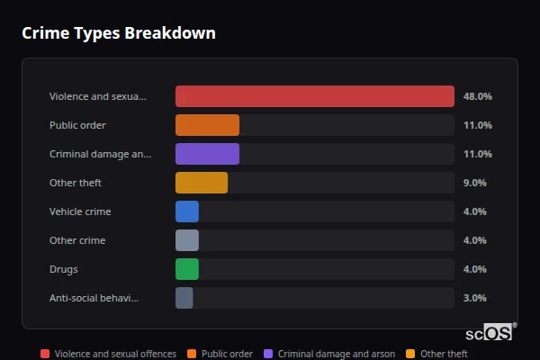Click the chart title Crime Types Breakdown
pos(119,33)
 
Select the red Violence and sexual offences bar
pos(314,96)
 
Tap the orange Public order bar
pos(207,125)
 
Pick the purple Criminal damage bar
pos(207,154)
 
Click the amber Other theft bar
pos(202,183)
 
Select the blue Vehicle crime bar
pos(187,211)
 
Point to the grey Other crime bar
pos(187,240)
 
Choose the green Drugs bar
pos(187,269)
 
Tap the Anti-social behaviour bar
pos(184,298)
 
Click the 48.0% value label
pos(477,96)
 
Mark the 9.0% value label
pos(475,183)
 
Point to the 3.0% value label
pos(475,298)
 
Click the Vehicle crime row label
pos(79,211)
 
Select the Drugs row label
pos(64,269)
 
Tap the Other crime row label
pos(77,240)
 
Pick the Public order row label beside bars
pos(77,125)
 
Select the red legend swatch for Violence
pos(45,355)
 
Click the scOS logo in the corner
pos(496,332)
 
